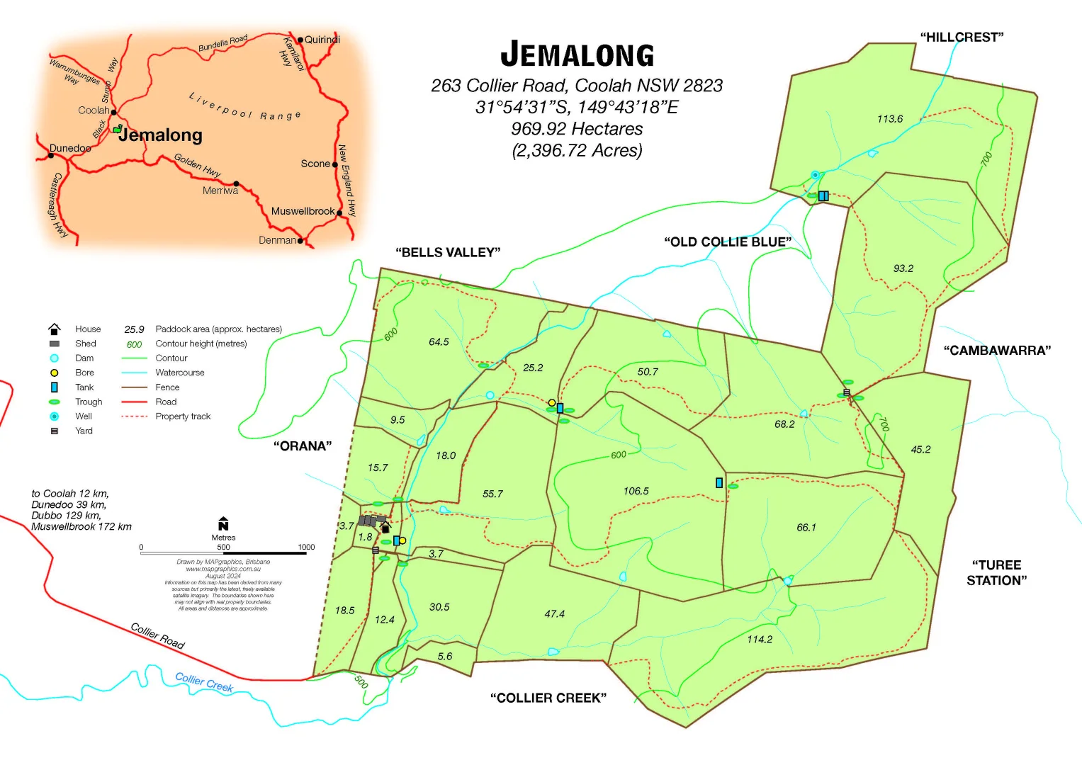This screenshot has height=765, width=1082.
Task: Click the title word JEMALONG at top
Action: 577,55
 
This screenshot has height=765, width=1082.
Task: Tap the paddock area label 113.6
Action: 889,119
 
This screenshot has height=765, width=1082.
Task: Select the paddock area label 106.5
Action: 636,491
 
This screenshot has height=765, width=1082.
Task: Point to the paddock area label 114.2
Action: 759,639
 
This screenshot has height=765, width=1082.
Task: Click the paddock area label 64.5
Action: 439,341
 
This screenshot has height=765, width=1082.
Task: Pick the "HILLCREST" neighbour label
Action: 962,38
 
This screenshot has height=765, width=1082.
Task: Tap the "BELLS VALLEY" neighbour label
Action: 448,252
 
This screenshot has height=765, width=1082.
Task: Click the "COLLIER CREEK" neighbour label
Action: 548,698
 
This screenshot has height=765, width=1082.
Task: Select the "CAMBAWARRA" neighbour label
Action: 996,350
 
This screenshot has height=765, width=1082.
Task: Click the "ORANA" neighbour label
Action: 302,446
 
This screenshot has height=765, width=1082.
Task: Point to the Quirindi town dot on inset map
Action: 300,40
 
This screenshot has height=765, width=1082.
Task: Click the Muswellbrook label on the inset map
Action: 303,211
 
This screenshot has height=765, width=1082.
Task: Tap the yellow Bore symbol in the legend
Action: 54,373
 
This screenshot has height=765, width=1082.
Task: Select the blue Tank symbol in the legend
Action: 54,387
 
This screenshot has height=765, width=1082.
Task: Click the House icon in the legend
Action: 54,329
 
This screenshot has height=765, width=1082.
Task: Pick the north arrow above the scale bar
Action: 223,523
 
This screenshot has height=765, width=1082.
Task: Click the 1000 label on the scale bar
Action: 306,547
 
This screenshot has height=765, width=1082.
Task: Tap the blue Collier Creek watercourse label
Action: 204,682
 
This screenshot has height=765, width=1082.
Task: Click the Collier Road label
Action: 157,635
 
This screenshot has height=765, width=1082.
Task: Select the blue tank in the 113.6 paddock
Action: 823,195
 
